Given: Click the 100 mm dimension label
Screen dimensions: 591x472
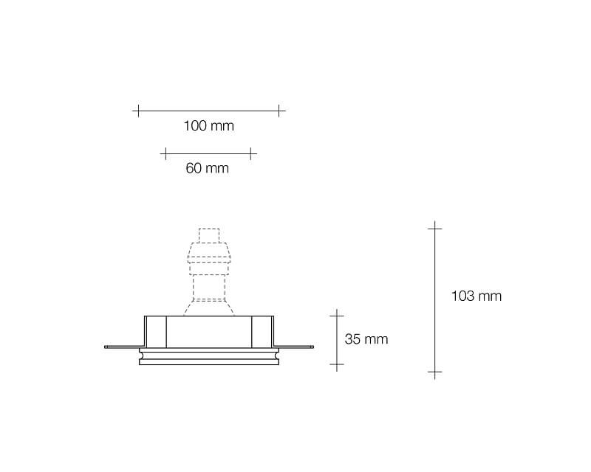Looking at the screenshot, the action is [x=208, y=125].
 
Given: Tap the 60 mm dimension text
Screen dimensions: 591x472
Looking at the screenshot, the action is [x=208, y=168].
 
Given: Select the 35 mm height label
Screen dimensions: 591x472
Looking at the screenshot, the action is [x=366, y=339].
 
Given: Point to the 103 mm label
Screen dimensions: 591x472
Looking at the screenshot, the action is [x=476, y=296].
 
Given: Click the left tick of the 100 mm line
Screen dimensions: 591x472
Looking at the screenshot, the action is [x=138, y=111].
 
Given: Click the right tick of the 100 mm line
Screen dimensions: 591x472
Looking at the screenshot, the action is [x=279, y=111].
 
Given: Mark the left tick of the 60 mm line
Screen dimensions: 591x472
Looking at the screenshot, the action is [x=165, y=153].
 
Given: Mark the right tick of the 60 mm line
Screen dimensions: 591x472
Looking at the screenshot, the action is [x=250, y=153].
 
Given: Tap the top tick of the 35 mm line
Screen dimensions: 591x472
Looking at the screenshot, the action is [x=337, y=316].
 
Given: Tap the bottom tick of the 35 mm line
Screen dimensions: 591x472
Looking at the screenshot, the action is [x=337, y=364].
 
